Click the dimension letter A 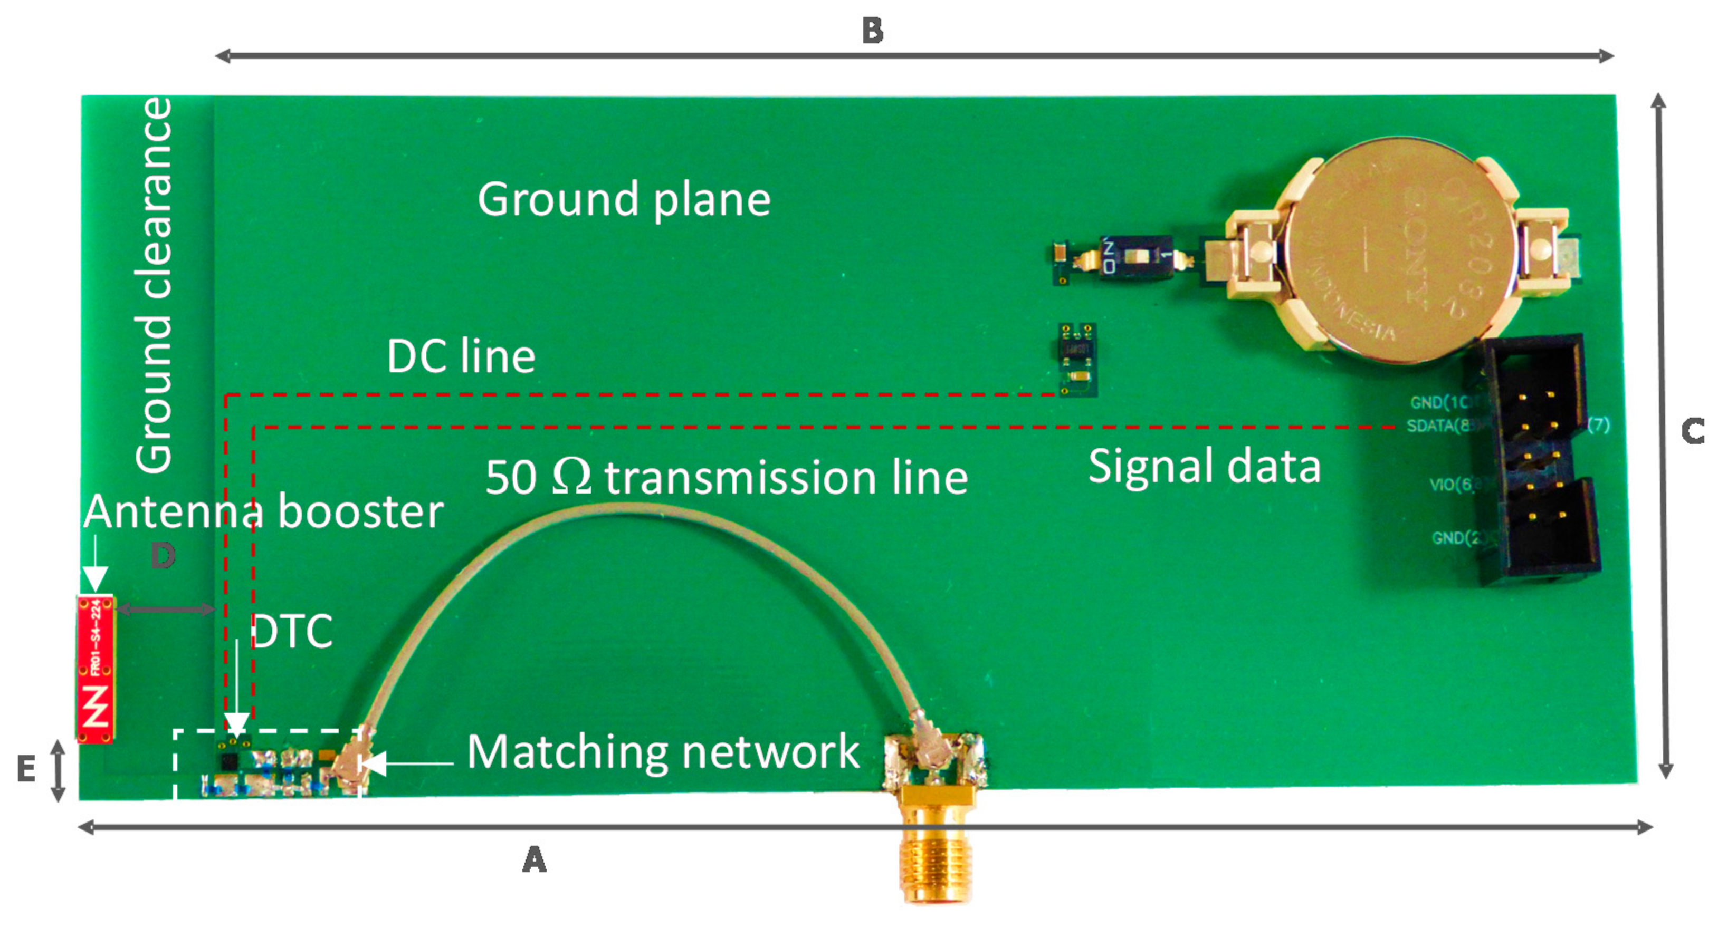pyautogui.click(x=534, y=860)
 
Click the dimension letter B pyautogui.click(x=872, y=31)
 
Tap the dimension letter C pyautogui.click(x=1693, y=431)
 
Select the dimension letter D pyautogui.click(x=163, y=555)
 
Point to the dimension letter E pyautogui.click(x=25, y=769)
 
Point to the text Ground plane pyautogui.click(x=624, y=199)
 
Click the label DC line pyautogui.click(x=461, y=356)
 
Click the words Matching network pyautogui.click(x=663, y=752)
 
